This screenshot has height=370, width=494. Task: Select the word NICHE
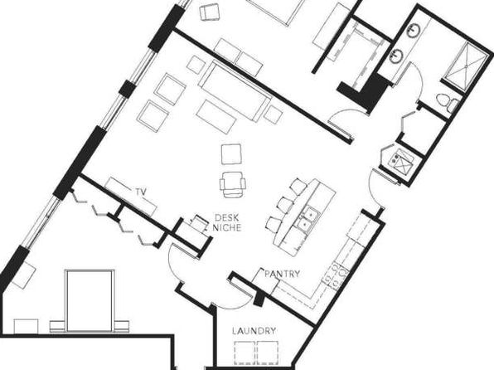tap(226, 226)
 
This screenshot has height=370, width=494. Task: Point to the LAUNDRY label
tap(254, 332)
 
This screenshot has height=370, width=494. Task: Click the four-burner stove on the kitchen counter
tap(338, 273)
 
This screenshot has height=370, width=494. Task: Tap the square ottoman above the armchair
tap(231, 153)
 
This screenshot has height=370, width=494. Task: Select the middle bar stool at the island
tap(284, 204)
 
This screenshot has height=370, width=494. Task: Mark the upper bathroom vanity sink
tap(413, 31)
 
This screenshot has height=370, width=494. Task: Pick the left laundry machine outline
tap(245, 353)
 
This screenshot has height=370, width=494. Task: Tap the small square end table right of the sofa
tap(273, 112)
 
